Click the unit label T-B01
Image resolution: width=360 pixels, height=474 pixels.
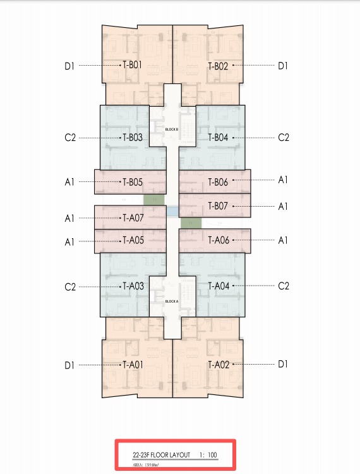(x=132, y=64)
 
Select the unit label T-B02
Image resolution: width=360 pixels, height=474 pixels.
(x=218, y=66)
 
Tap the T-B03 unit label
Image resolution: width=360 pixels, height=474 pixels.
(x=133, y=138)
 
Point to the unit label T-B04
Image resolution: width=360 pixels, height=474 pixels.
(x=218, y=138)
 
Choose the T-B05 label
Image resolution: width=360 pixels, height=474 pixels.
(x=133, y=182)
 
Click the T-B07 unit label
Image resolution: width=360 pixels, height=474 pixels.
(x=218, y=206)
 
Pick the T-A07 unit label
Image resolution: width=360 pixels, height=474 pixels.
(x=133, y=217)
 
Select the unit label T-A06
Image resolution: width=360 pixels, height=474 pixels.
(x=219, y=240)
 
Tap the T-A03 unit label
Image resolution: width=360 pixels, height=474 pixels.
(x=133, y=286)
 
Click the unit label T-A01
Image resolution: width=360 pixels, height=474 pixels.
(x=133, y=365)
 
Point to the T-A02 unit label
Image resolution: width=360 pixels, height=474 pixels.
(x=219, y=365)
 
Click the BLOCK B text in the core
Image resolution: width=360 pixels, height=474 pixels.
(x=172, y=130)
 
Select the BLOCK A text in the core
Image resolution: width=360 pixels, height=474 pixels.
(x=172, y=301)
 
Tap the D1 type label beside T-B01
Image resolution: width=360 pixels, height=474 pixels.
(x=69, y=66)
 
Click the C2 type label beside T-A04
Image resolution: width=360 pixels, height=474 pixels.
(x=284, y=286)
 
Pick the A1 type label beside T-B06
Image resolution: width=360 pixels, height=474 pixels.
(x=283, y=180)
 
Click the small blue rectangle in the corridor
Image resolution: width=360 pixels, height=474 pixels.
(x=172, y=212)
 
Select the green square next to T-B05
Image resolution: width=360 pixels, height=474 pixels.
(x=154, y=200)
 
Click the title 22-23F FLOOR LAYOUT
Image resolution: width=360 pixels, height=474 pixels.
(x=162, y=454)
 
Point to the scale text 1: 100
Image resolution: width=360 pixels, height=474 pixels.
(x=208, y=454)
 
